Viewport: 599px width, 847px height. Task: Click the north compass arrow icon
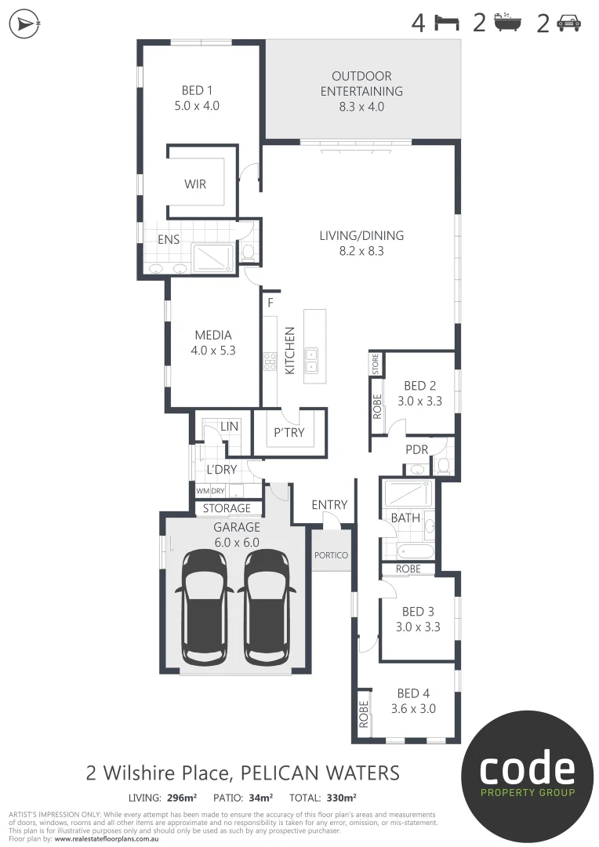point(25,24)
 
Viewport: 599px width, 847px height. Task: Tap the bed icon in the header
point(446,24)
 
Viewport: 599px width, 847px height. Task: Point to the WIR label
point(195,184)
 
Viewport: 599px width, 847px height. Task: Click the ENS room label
point(169,240)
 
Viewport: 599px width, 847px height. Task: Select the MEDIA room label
point(212,336)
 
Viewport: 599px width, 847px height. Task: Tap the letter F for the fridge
point(270,303)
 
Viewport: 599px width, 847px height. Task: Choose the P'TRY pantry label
point(289,433)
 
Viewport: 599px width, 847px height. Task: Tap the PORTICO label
point(330,555)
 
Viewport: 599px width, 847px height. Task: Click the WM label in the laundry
point(203,491)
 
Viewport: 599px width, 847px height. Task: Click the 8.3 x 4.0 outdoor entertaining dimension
point(361,107)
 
